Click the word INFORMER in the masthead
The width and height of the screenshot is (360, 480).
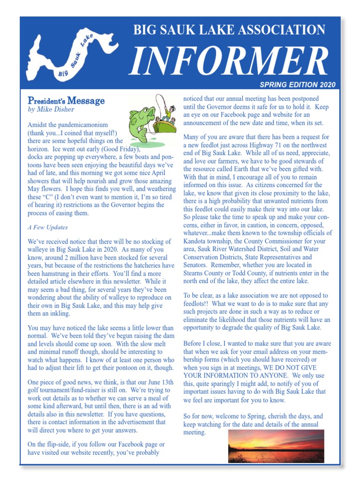point(229,61)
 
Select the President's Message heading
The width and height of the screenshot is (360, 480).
point(66,100)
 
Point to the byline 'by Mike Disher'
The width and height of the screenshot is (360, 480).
point(51,109)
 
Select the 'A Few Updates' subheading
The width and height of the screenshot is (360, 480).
point(48,227)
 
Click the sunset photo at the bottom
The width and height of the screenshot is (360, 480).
point(276,446)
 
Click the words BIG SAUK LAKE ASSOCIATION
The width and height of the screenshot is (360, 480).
point(229,30)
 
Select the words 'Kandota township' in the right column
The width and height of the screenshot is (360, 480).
point(209,240)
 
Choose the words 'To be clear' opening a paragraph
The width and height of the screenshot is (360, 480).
point(199,296)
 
